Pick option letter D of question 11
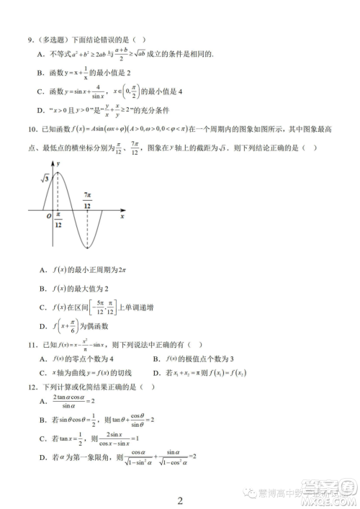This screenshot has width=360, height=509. coord(156,372)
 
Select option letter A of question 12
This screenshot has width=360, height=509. coord(42,401)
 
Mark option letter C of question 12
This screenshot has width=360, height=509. coord(42,439)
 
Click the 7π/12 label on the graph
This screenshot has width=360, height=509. coord(87,200)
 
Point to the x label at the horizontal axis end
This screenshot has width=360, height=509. coord(122,216)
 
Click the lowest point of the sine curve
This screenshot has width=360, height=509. coord(87,247)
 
